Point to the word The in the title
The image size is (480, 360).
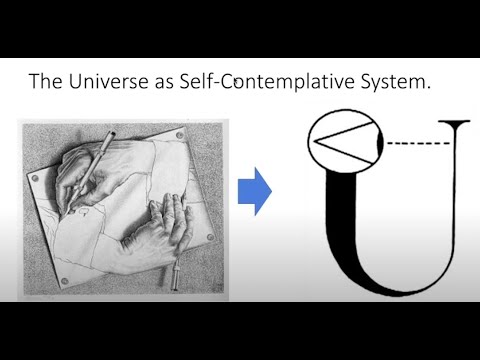(45, 83)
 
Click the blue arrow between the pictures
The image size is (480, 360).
(255, 191)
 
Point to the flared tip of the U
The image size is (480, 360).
(459, 123)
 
